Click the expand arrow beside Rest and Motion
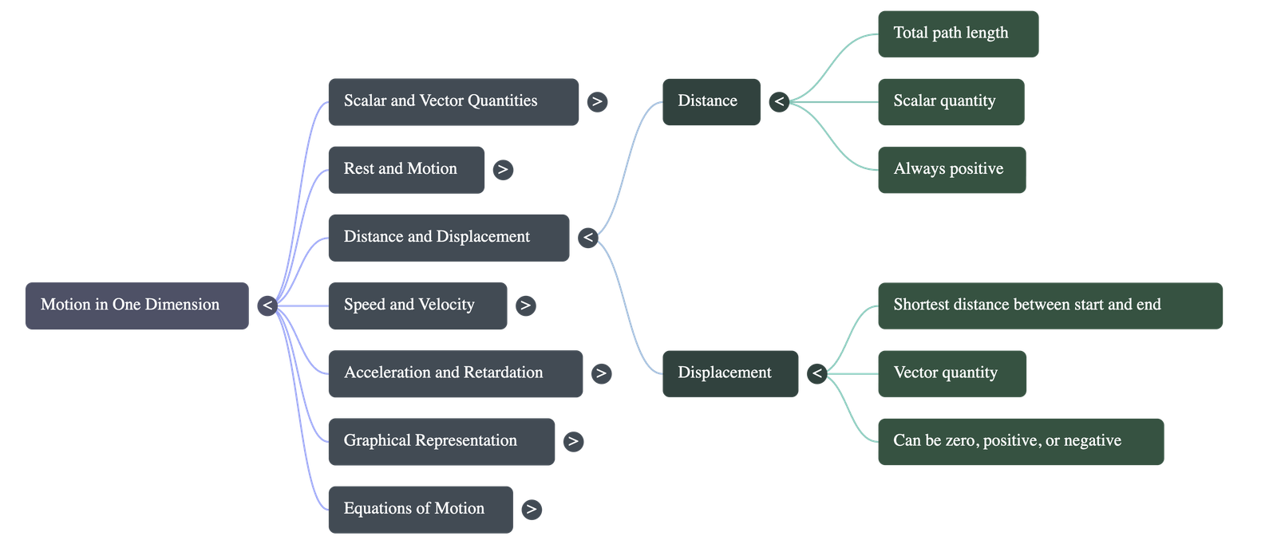[503, 169]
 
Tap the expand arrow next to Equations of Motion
[532, 509]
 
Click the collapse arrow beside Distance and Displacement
[588, 237]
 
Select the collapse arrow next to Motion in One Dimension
[267, 306]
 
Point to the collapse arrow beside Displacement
[816, 373]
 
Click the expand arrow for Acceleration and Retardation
[602, 373]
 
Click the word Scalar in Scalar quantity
[914, 101]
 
